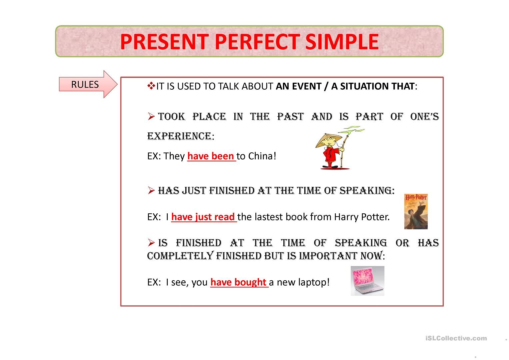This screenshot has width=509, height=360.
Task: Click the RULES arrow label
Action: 85,84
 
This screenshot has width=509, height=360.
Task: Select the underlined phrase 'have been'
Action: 211,156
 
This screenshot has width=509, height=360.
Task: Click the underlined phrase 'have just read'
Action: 203,217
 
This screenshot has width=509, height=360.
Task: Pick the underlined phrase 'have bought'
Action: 238,282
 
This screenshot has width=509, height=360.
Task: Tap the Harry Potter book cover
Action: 416,211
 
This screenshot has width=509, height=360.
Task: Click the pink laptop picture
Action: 367,281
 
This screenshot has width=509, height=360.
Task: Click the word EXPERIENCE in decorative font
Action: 179,136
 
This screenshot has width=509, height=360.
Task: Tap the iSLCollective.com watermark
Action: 456,338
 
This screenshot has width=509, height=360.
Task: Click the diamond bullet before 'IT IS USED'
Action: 151,86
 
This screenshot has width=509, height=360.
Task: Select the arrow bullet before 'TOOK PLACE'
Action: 151,117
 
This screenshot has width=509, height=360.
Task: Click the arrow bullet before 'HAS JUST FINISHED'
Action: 151,191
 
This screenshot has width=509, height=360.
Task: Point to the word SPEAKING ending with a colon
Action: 367,191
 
